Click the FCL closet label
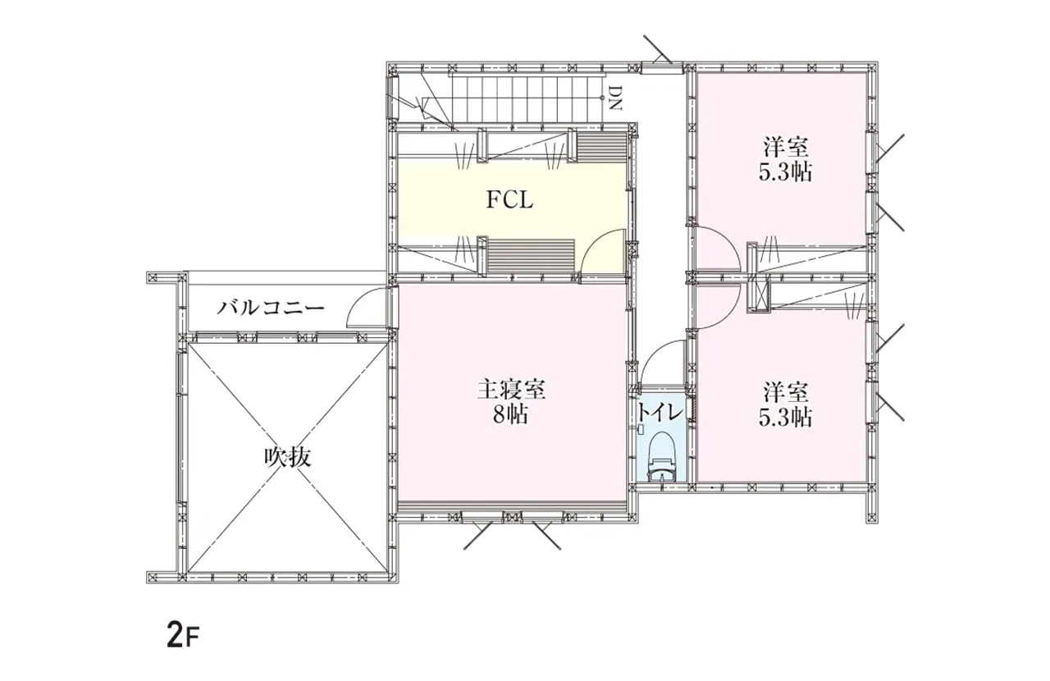point(509,200)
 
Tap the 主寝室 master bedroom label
point(511,390)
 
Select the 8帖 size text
point(510,414)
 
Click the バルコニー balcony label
point(271,309)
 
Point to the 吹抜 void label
point(288,457)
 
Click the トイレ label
point(659,413)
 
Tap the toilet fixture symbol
point(661,456)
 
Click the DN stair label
point(615,98)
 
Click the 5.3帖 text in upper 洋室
point(786,172)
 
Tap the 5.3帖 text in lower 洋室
point(786,417)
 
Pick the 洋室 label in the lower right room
point(786,392)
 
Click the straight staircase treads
point(523,100)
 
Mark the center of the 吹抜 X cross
point(288,457)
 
